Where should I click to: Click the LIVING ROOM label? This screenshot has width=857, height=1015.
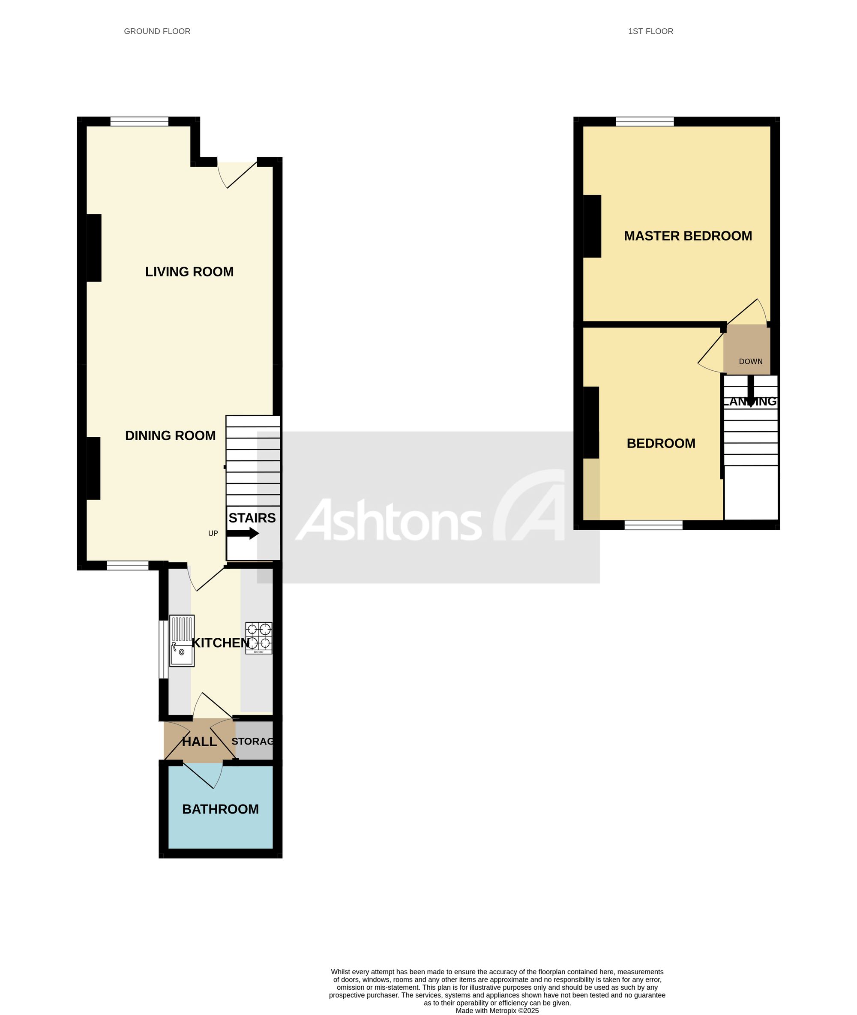pyautogui.click(x=189, y=272)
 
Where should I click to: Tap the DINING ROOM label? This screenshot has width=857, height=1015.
pyautogui.click(x=171, y=435)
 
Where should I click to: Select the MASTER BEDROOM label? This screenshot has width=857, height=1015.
pyautogui.click(x=688, y=236)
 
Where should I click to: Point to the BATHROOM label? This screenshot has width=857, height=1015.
pyautogui.click(x=221, y=809)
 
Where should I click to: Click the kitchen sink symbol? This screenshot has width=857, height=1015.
pyautogui.click(x=182, y=641)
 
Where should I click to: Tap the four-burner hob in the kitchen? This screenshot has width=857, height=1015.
pyautogui.click(x=259, y=638)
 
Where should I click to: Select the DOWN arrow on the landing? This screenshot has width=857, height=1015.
pyautogui.click(x=751, y=391)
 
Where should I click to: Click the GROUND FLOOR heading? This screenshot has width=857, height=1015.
pyautogui.click(x=157, y=32)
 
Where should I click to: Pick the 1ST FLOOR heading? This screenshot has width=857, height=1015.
pyautogui.click(x=650, y=32)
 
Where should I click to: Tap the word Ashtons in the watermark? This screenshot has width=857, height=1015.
pyautogui.click(x=389, y=520)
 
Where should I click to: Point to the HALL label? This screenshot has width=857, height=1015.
pyautogui.click(x=200, y=742)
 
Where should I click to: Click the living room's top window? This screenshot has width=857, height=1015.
pyautogui.click(x=139, y=121)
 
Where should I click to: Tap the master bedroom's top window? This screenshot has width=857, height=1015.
pyautogui.click(x=645, y=121)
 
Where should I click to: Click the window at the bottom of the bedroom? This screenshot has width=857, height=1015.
pyautogui.click(x=653, y=525)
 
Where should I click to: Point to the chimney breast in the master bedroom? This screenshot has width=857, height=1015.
pyautogui.click(x=592, y=226)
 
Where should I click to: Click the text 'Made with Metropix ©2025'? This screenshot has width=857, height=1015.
pyautogui.click(x=497, y=1011)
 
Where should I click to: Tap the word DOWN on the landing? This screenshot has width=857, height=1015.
pyautogui.click(x=751, y=361)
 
